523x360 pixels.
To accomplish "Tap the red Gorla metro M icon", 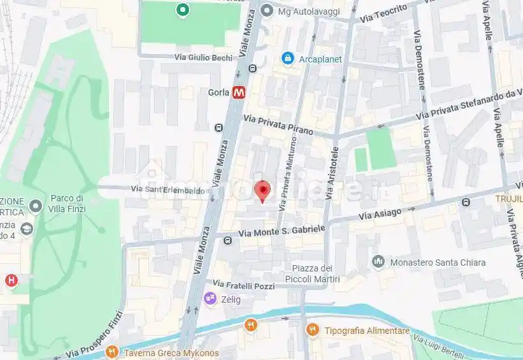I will click(240, 92).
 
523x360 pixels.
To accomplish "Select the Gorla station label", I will click(219, 92).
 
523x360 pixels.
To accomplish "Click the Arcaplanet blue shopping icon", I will click(288, 59).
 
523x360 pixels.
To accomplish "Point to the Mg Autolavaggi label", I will click(310, 11).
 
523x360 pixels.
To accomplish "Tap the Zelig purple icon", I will click(210, 298).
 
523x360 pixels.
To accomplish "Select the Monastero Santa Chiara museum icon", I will click(378, 262).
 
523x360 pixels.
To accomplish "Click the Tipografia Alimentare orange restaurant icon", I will click(312, 329).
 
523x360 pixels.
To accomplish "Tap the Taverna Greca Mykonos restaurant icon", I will click(112, 352).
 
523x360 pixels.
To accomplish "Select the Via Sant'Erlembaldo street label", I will click(168, 189).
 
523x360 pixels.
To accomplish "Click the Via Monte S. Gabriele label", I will click(282, 231).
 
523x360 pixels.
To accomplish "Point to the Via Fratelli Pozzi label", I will click(243, 285).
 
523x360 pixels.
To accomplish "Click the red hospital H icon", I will click(11, 280).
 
